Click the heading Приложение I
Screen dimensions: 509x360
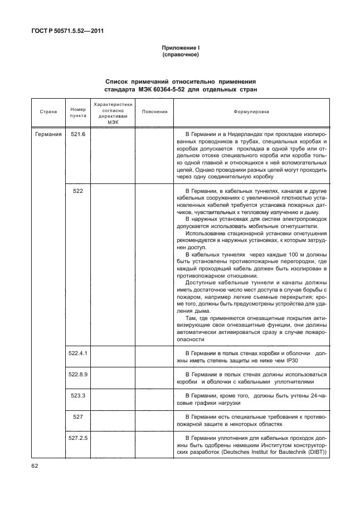(181, 49)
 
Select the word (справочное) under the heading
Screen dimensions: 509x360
(181, 55)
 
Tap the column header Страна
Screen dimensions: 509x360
(48, 112)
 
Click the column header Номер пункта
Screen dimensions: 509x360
(77, 112)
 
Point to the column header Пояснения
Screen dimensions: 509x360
(154, 112)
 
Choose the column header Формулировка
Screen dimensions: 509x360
(251, 112)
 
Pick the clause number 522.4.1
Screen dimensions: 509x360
(78, 353)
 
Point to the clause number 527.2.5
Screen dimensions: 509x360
(78, 438)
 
